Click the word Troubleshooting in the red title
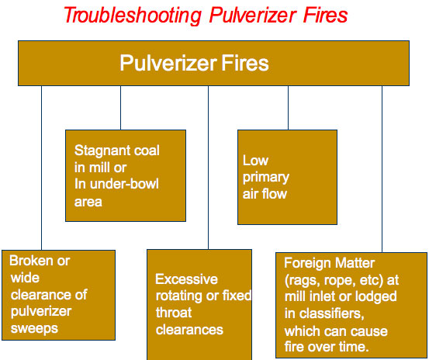pyautogui.click(x=133, y=16)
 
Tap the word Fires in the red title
pyautogui.click(x=325, y=15)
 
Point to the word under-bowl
pyautogui.click(x=124, y=184)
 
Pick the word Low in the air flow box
pyautogui.click(x=255, y=161)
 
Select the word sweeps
pyautogui.click(x=34, y=328)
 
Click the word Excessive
pyautogui.click(x=187, y=279)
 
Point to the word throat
pyautogui.click(x=174, y=313)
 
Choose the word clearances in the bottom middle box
pyautogui.click(x=189, y=330)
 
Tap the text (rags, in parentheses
pyautogui.click(x=302, y=281)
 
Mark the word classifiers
pyautogui.click(x=332, y=313)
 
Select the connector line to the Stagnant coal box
pyautogui.click(x=121, y=108)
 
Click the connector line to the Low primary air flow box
pyautogui.click(x=288, y=108)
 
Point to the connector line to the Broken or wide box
pyautogui.click(x=42, y=168)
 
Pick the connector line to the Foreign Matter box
pyautogui.click(x=382, y=169)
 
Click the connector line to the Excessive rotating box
pyautogui.click(x=208, y=168)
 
